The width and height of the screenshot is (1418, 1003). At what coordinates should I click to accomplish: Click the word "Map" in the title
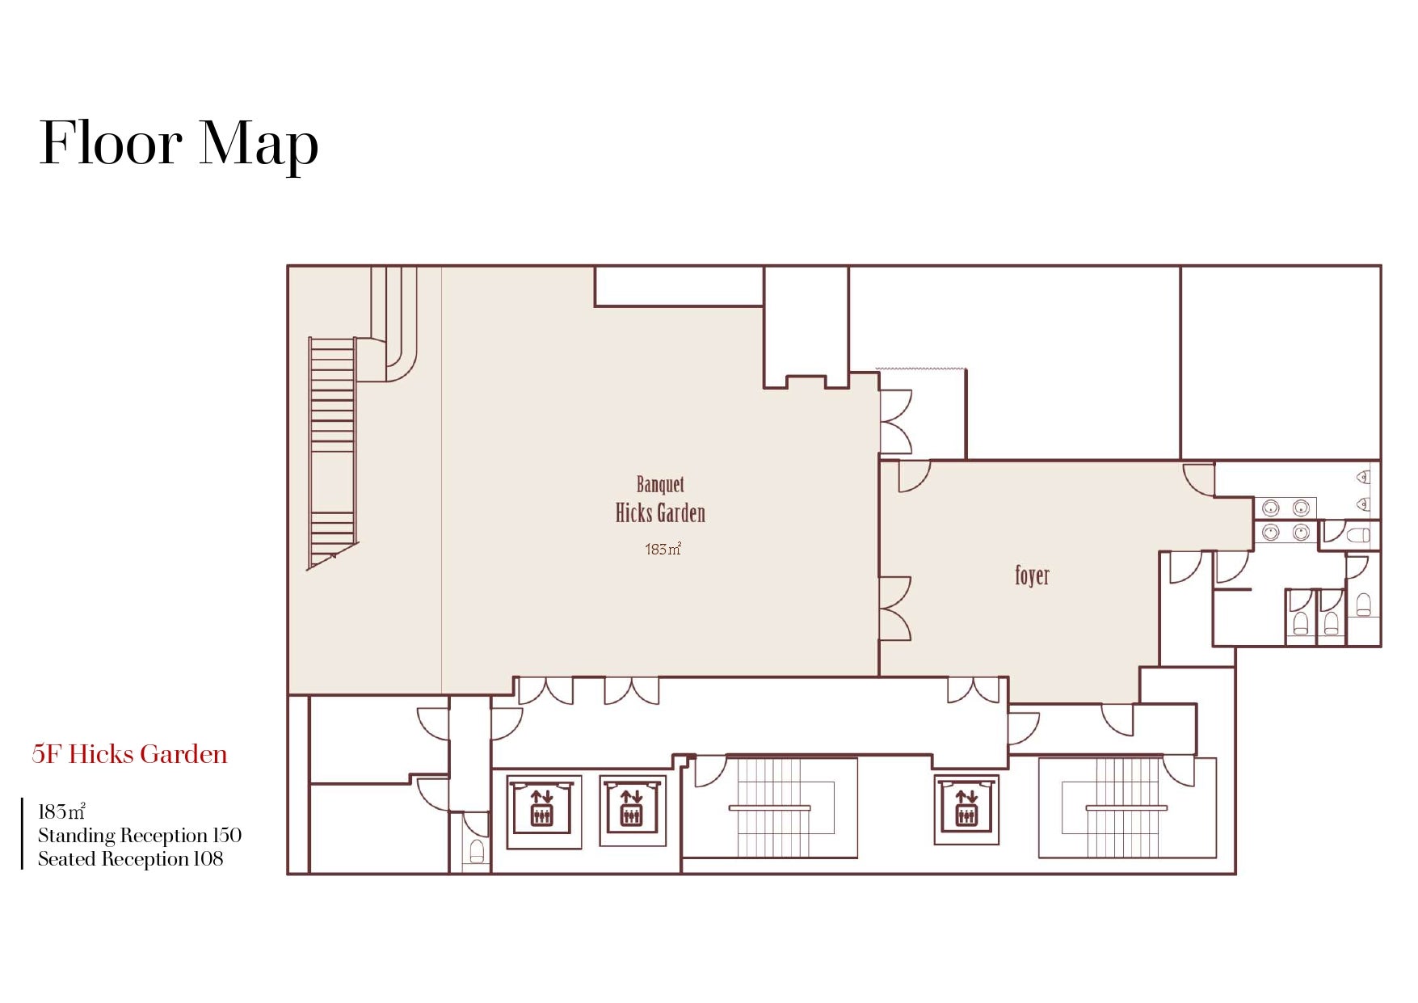click(259, 146)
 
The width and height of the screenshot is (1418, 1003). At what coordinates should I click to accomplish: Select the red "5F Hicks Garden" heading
click(129, 754)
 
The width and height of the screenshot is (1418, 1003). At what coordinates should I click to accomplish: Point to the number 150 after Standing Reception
click(227, 835)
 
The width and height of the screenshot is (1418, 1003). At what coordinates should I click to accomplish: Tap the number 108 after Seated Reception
click(208, 858)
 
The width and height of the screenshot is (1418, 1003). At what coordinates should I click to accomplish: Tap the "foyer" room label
click(1032, 575)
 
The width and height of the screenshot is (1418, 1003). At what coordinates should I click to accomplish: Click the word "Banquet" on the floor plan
click(660, 485)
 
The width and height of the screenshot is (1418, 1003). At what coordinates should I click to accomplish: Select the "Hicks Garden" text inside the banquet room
click(660, 513)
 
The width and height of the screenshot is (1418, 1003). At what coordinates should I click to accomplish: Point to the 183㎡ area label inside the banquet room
click(663, 549)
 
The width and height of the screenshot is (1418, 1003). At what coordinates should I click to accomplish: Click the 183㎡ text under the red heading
click(61, 811)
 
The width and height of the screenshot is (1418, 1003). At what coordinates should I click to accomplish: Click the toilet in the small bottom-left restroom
click(477, 852)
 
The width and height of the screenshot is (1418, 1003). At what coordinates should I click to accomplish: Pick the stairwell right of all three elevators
click(1127, 807)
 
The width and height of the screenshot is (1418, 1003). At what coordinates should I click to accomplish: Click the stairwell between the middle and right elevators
click(770, 807)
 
